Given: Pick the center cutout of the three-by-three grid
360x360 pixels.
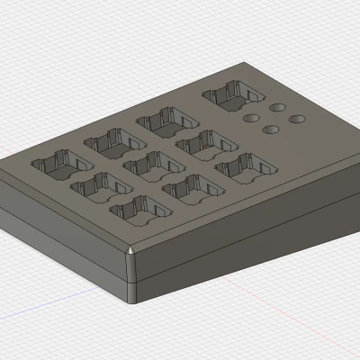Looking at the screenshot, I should pyautogui.click(x=148, y=165).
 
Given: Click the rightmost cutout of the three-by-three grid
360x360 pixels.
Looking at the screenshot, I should pyautogui.click(x=240, y=166).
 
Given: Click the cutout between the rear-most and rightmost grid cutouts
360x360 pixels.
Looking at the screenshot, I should pyautogui.click(x=202, y=142).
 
